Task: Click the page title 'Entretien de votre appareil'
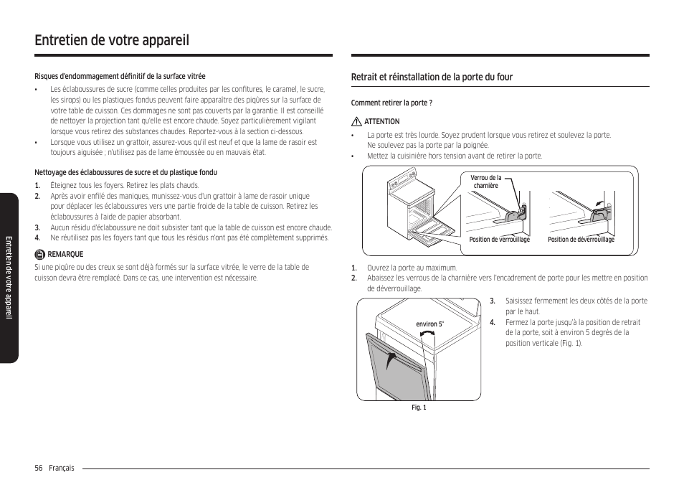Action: click(x=111, y=39)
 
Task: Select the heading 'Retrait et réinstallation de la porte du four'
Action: click(x=432, y=77)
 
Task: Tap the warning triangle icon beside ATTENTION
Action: click(x=356, y=122)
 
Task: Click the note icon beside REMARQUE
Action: click(x=40, y=254)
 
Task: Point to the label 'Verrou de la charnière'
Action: click(x=485, y=182)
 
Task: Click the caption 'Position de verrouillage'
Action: click(x=499, y=240)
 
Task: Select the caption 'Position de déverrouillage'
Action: click(x=581, y=240)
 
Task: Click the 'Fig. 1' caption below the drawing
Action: click(x=419, y=408)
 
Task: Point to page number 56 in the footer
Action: click(x=39, y=468)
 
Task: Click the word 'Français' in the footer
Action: click(x=61, y=468)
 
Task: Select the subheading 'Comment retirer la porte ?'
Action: click(x=391, y=103)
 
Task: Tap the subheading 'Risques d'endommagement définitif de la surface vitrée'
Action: click(x=120, y=76)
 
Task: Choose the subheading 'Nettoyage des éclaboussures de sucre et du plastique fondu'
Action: click(x=125, y=172)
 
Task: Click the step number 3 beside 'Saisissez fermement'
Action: click(x=493, y=301)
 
